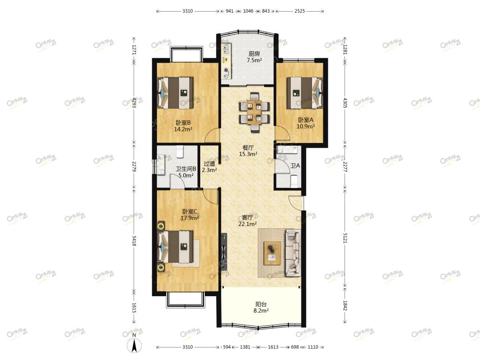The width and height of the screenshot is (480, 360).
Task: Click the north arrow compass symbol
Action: click(x=134, y=346)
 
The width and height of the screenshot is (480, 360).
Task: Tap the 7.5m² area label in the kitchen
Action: click(x=254, y=60)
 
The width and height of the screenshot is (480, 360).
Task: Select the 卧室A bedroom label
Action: click(x=306, y=120)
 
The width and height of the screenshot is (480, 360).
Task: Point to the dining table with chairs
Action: click(x=255, y=112)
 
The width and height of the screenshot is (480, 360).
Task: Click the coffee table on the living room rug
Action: click(x=272, y=253)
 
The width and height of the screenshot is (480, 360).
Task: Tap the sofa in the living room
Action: click(x=293, y=253)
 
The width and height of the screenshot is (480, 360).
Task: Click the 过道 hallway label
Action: click(x=209, y=164)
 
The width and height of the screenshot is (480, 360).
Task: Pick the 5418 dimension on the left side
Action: click(x=134, y=241)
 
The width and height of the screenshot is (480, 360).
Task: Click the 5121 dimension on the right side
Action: click(x=345, y=238)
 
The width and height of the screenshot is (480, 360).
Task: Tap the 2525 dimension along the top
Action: click(x=300, y=11)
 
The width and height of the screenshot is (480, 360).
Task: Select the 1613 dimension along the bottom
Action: click(x=273, y=347)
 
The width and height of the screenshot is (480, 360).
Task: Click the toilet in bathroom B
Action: click(x=180, y=151)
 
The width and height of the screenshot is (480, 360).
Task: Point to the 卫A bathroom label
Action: click(x=295, y=165)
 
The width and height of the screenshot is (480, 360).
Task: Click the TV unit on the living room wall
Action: click(x=225, y=252)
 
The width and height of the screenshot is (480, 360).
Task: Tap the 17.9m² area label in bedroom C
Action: click(x=189, y=218)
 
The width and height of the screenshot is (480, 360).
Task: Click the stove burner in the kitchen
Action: click(x=226, y=71)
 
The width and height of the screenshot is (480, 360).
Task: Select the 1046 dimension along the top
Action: click(x=248, y=11)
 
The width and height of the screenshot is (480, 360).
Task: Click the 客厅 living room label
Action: click(x=247, y=217)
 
